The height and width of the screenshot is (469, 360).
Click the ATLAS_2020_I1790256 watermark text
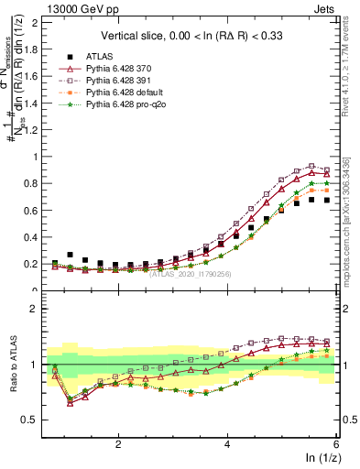[190, 272]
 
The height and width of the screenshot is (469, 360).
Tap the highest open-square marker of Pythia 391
[311, 166]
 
